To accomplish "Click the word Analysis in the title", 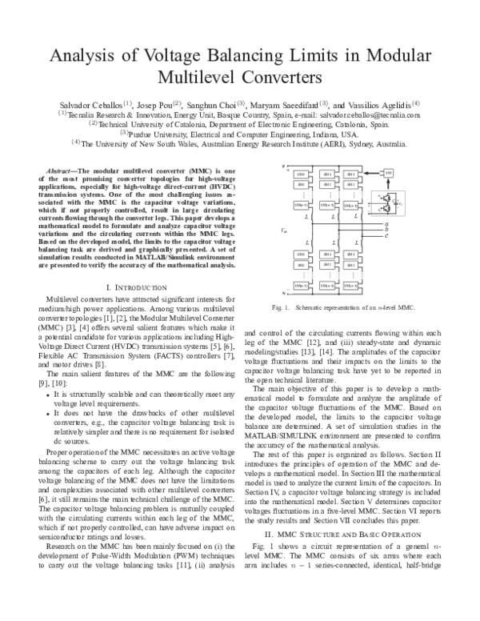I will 86,56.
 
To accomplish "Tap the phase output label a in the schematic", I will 386,225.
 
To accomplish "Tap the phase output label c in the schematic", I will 386,235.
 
